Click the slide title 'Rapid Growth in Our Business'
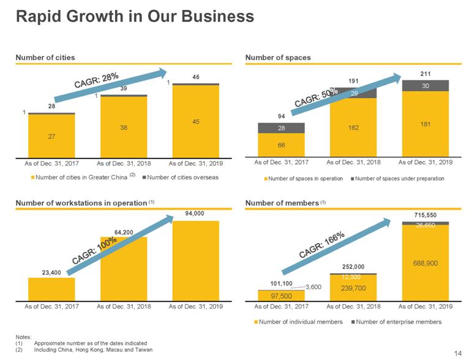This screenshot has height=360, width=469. point(135,17)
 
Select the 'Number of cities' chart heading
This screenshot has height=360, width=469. point(45,57)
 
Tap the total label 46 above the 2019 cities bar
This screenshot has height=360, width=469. point(196,77)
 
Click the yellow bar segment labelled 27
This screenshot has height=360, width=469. point(51,137)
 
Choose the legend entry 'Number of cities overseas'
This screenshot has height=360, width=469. point(182,178)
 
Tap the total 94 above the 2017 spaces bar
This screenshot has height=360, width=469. point(281,116)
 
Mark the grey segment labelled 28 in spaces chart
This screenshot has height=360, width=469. point(281,128)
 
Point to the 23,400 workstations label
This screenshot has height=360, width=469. point(51,272)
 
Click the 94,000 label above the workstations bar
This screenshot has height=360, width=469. point(196,214)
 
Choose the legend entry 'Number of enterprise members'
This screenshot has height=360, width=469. point(398,321)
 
